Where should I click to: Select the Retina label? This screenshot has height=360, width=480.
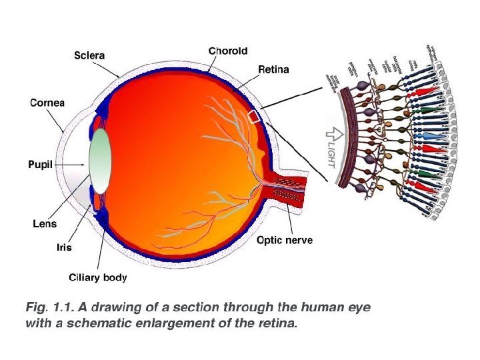[273, 70]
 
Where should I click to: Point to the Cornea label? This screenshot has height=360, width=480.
[47, 103]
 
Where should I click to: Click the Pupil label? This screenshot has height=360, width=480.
[39, 163]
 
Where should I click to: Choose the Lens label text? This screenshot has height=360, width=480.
[45, 224]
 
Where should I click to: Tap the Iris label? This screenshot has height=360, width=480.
[63, 247]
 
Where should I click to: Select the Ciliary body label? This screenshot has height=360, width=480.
[98, 277]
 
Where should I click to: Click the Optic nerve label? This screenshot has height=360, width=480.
[285, 240]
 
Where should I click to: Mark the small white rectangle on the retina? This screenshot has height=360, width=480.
[254, 117]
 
